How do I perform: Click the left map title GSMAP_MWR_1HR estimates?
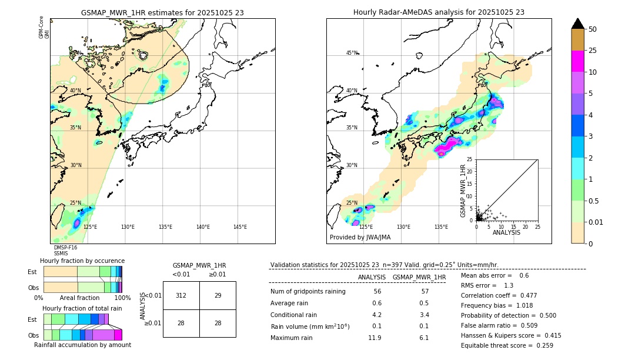click(162, 12)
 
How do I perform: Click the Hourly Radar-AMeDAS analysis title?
click(439, 12)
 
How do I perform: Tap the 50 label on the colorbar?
click(593, 29)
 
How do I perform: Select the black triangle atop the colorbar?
click(578, 24)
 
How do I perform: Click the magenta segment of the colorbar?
click(578, 62)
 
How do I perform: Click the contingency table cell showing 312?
click(181, 295)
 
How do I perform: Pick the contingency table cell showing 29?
click(218, 295)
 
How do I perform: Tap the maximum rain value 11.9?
click(375, 338)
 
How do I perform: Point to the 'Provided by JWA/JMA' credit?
click(360, 238)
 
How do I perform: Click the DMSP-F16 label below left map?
click(65, 248)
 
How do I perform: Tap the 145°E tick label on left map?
click(240, 227)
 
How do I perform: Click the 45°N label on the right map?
click(352, 53)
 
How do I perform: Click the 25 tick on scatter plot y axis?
click(470, 159)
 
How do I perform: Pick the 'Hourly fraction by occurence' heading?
click(82, 261)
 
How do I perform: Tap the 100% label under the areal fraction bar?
click(122, 298)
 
